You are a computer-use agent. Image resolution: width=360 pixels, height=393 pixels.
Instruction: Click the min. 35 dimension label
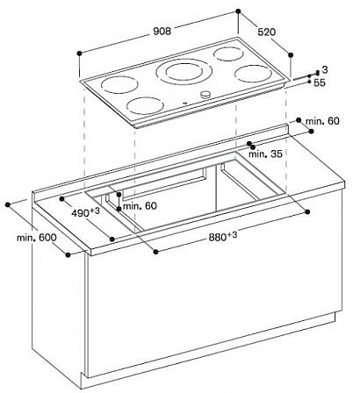264,154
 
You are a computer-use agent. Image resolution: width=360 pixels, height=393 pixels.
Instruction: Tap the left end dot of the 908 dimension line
80,53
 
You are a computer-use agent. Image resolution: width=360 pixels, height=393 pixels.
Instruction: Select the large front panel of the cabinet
211,307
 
